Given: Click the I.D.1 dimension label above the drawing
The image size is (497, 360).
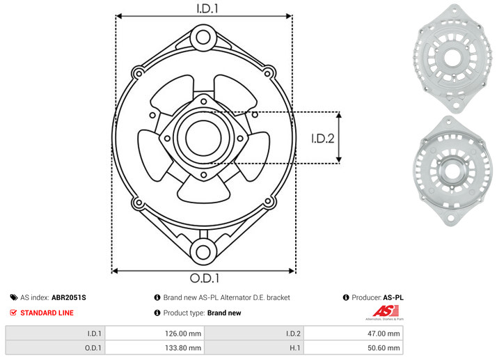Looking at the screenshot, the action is click(207, 8).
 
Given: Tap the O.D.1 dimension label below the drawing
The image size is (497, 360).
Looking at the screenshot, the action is click(205, 278).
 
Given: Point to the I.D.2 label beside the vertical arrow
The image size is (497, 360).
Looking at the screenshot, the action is click(323, 139).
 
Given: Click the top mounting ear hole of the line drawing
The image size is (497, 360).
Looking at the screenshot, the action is click(203, 38).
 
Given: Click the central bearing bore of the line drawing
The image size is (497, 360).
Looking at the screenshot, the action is click(203, 138).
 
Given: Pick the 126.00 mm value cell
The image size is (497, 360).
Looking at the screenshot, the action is click(155, 334).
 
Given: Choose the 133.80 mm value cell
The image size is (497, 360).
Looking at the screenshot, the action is click(155, 347).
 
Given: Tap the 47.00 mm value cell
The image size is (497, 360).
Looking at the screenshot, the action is click(353, 334).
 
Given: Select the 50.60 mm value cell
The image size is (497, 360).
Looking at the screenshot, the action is click(353, 347).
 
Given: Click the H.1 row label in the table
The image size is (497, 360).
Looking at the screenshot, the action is click(294, 348).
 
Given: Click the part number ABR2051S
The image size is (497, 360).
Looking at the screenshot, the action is click(69, 297).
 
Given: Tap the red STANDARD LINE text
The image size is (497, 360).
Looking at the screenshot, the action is click(47, 313).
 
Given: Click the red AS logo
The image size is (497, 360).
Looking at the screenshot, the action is click(386, 311).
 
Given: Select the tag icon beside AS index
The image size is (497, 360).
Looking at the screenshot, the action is click(14, 297).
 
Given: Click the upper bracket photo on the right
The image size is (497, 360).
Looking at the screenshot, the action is click(452, 58).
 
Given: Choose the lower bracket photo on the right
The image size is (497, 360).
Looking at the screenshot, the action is click(452, 171).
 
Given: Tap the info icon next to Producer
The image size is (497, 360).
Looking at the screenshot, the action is click(346, 297).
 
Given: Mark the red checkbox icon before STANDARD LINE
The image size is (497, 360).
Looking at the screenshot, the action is click(13, 313).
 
